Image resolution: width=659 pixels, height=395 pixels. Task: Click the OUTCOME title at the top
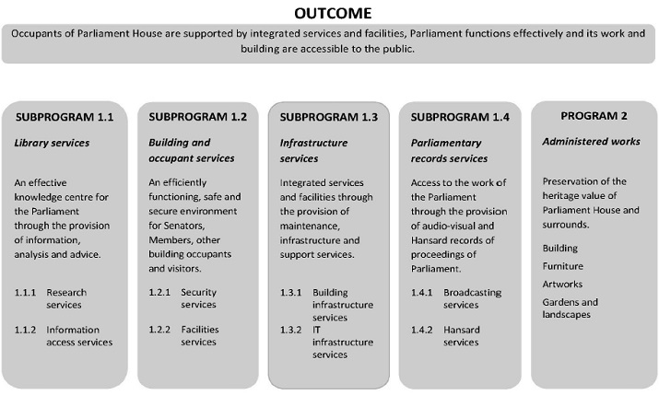(x=334, y=13)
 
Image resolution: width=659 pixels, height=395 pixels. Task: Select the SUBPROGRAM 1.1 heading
(x=64, y=118)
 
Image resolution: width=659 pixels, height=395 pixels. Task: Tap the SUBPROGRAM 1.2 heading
(x=197, y=118)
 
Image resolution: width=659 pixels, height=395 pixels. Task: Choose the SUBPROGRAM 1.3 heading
(x=328, y=118)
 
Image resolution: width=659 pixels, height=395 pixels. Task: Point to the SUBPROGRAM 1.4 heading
(x=460, y=118)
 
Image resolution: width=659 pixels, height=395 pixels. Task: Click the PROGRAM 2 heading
(x=594, y=115)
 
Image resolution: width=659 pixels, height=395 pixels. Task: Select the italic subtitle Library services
(x=51, y=143)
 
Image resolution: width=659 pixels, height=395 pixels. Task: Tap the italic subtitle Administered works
(x=591, y=141)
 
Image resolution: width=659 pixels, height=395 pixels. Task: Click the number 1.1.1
(x=25, y=293)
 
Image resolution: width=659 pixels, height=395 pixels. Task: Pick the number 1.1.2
(x=25, y=330)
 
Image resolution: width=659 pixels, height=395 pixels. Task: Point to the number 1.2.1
(x=159, y=293)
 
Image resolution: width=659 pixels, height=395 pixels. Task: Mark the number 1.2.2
(x=159, y=330)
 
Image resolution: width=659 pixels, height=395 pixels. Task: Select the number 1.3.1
(x=291, y=293)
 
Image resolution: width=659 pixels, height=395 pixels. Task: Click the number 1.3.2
(x=291, y=330)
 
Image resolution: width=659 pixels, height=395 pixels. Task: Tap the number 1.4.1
(x=423, y=293)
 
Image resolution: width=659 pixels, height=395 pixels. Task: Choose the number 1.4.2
(x=423, y=330)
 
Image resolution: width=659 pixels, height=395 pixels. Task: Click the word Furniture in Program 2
(x=563, y=266)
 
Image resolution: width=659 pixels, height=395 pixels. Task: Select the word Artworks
(x=562, y=284)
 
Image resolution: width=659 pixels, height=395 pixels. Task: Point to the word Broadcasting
(x=473, y=293)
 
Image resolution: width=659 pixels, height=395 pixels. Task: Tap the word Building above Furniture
(x=560, y=248)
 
